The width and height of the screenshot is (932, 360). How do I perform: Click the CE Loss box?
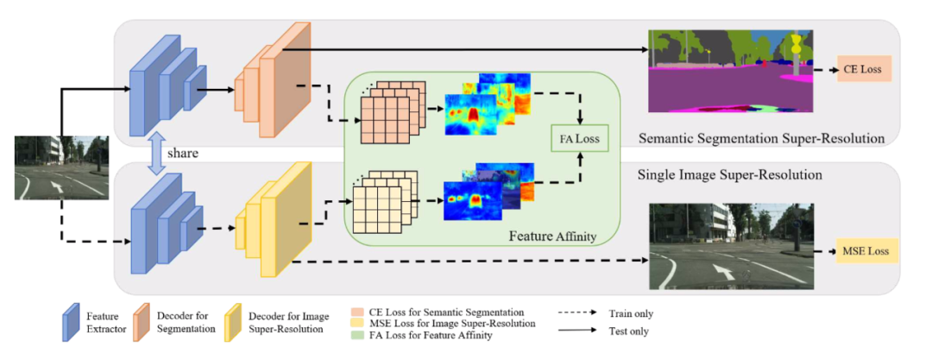click(863, 69)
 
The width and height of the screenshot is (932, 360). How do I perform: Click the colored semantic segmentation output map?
click(730, 70)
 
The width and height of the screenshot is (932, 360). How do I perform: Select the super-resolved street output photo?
click(730, 247)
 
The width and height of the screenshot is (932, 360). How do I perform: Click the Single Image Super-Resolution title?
click(729, 174)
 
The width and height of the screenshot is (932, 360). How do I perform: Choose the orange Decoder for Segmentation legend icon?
click(142, 323)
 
